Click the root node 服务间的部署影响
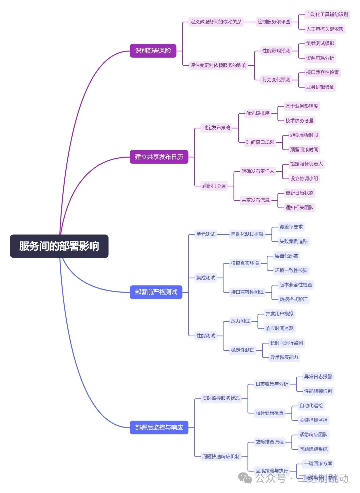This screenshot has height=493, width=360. tap(59, 246)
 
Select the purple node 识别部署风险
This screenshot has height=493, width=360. tap(153, 51)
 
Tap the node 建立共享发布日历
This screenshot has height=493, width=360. tap(159, 157)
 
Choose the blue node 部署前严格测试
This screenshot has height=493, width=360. tap(156, 292)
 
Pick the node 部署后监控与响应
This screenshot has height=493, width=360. tap(159, 427)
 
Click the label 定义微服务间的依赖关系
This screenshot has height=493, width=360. tap(216, 22)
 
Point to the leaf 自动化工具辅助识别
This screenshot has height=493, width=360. tap(327, 14)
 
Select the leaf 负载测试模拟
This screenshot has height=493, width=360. tap(320, 43)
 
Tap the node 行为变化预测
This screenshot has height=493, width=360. tap(276, 80)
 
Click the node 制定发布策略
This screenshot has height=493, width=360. tap(216, 128)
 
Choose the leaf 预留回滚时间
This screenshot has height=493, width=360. tap(304, 150)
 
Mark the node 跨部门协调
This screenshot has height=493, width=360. tap(214, 186)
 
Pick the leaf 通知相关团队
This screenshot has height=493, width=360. tap(299, 207)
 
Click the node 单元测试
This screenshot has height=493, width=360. tap(206, 234)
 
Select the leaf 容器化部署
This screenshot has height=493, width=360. tap(286, 256)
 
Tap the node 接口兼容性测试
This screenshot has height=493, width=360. tap(247, 292)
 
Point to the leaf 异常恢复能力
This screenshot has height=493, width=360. tap(284, 357)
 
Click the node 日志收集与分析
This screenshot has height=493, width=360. tap(272, 384)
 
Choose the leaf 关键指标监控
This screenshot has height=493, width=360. tap(313, 420)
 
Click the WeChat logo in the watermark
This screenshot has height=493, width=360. tap(245, 478)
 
